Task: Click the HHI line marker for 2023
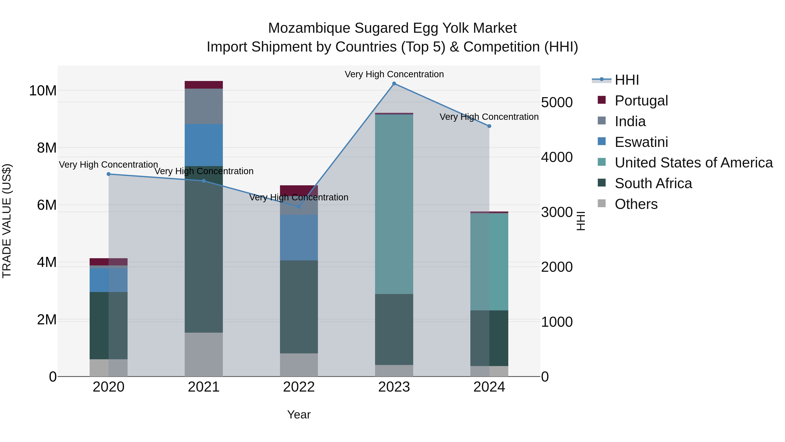pyautogui.click(x=394, y=84)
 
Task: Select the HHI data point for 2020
pyautogui.click(x=109, y=174)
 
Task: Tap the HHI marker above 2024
pyautogui.click(x=489, y=126)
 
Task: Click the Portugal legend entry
pyautogui.click(x=641, y=101)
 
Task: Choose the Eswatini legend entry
pyautogui.click(x=641, y=142)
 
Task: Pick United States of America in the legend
pyautogui.click(x=693, y=163)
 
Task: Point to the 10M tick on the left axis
pyautogui.click(x=43, y=91)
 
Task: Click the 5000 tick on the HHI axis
pyautogui.click(x=557, y=103)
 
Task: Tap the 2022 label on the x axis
pyautogui.click(x=299, y=387)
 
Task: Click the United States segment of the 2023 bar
pyautogui.click(x=394, y=204)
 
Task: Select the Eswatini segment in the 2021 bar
pyautogui.click(x=204, y=145)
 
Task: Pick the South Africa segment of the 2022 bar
pyautogui.click(x=299, y=307)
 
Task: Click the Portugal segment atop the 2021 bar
pyautogui.click(x=204, y=85)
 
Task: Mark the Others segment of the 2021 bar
pyautogui.click(x=204, y=354)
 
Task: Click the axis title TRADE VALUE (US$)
pyautogui.click(x=7, y=221)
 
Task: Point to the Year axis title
pyautogui.click(x=299, y=414)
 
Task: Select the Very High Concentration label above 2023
pyautogui.click(x=394, y=74)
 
